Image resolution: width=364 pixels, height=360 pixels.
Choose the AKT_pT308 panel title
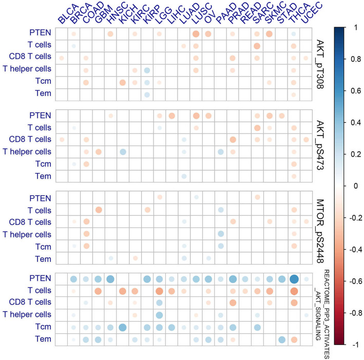coord(322,61)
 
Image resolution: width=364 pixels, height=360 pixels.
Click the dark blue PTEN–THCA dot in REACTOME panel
coord(294,279)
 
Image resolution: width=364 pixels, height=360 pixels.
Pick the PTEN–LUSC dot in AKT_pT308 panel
coord(196,34)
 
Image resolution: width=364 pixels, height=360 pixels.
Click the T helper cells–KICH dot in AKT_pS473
coord(123,151)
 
